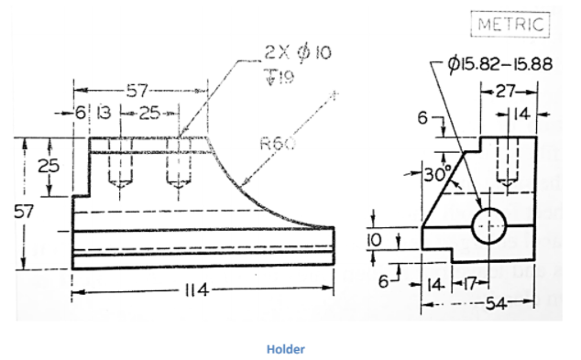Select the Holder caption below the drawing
pyautogui.click(x=285, y=349)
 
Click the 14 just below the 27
pyautogui.click(x=521, y=115)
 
